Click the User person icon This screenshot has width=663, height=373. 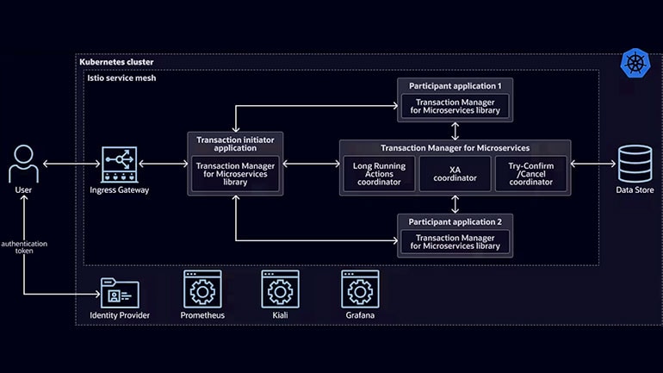(23, 163)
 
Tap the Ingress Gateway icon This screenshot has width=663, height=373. (120, 163)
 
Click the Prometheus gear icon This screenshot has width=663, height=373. (202, 289)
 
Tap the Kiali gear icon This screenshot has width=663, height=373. (280, 289)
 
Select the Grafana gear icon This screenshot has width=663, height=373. (361, 289)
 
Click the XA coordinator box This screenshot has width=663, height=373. (454, 174)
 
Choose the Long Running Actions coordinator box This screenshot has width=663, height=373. (379, 174)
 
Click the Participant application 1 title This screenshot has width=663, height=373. (455, 86)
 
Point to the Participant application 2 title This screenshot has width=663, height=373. (455, 221)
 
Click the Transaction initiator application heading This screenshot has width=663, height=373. (233, 143)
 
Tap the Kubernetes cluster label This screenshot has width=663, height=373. (115, 62)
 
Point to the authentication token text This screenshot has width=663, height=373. (24, 247)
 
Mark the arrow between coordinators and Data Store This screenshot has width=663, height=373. (591, 163)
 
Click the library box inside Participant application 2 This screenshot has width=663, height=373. (455, 242)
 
